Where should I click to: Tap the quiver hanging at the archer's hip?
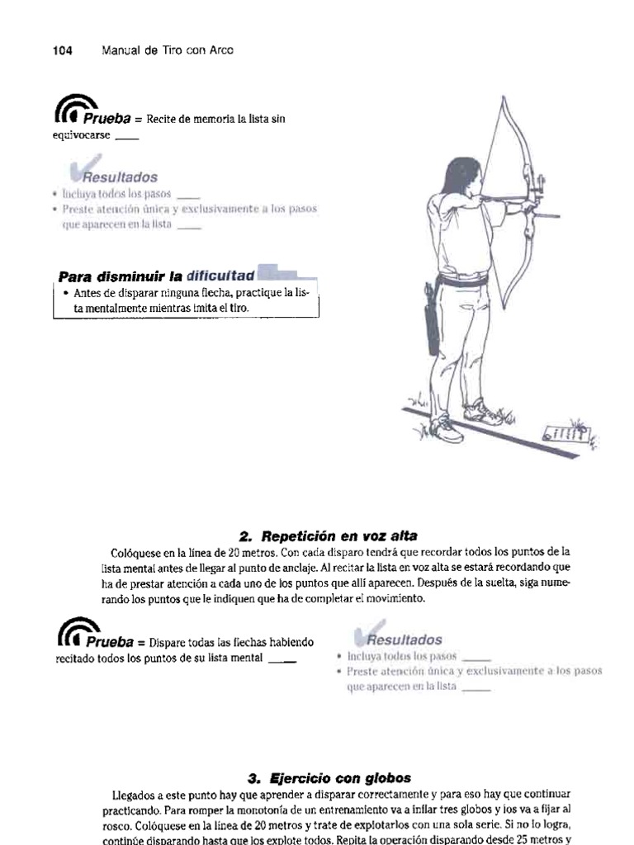pyautogui.click(x=433, y=323)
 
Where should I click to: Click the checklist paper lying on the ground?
pyautogui.click(x=563, y=432)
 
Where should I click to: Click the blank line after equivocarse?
pyautogui.click(x=127, y=137)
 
